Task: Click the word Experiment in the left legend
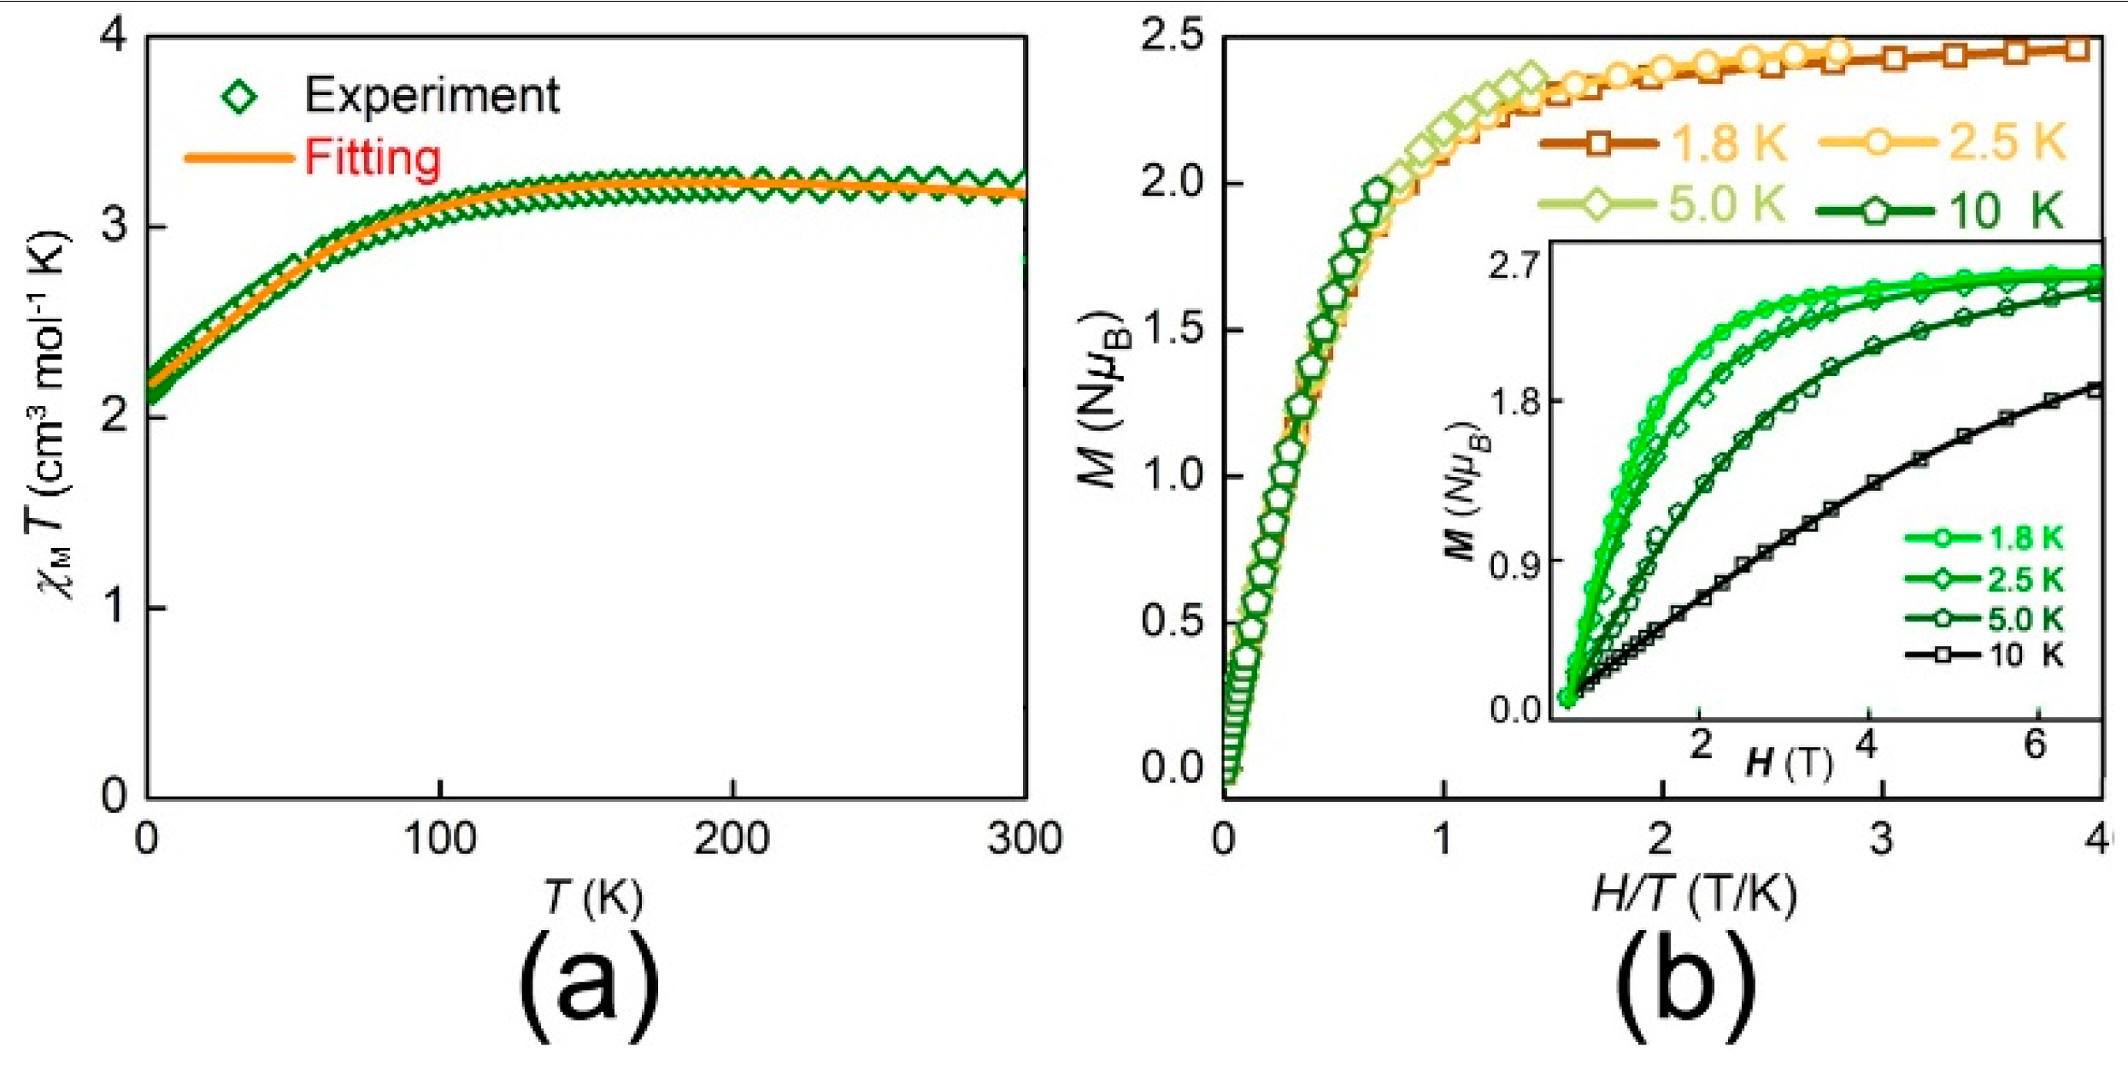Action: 432,95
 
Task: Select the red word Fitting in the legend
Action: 373,158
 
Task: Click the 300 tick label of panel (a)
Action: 1024,839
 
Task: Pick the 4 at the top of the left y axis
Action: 114,37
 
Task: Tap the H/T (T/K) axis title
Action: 1695,896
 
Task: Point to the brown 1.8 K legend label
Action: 1727,143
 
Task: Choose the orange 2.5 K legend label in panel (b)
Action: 2007,142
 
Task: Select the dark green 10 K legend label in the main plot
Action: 2005,210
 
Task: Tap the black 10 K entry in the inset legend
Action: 2025,656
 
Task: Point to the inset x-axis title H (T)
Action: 1789,762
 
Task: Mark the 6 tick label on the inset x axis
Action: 2035,745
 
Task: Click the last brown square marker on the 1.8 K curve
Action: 2078,50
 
